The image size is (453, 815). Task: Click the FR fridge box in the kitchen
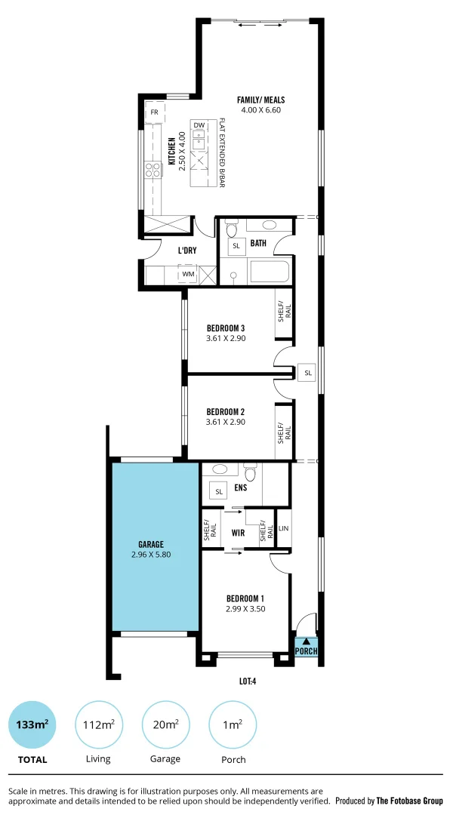pos(155,112)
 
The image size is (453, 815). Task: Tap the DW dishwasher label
pos(199,125)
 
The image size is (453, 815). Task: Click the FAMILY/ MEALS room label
pos(261,100)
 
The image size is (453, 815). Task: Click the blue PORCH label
pos(306,651)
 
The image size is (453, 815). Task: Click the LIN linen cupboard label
pos(283,528)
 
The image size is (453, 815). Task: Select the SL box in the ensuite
pos(220,492)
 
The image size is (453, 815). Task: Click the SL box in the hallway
pos(307,373)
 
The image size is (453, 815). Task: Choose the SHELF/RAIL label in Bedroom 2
pos(284,434)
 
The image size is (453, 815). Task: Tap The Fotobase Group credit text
pos(411,801)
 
